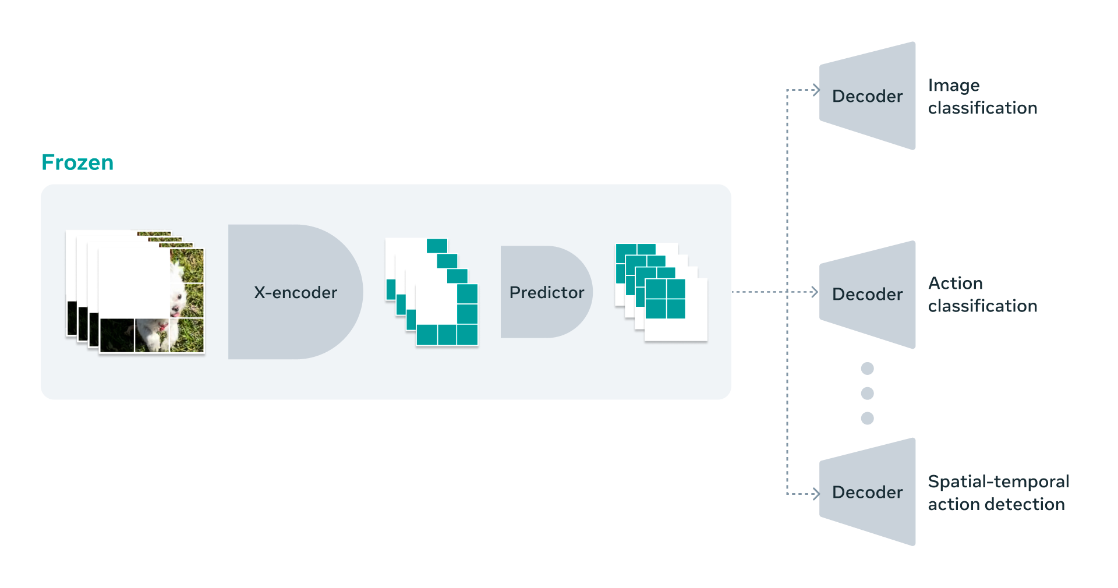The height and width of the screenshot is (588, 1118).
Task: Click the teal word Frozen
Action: point(77,162)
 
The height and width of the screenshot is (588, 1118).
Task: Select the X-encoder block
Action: point(295,292)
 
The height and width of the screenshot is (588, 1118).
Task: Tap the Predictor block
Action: point(546,292)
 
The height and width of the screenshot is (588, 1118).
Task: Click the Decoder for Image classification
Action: point(867,96)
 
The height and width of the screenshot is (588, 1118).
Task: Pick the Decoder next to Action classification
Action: point(867,294)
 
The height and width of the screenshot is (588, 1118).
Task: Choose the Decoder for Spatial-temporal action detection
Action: point(867,492)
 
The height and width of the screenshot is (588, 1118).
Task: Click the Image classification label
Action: point(982,97)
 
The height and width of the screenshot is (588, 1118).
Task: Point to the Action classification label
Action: point(982,295)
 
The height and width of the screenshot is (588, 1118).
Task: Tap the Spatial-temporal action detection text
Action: point(998,493)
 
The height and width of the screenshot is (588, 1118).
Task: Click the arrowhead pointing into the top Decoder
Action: point(816,90)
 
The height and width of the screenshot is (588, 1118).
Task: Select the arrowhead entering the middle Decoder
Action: point(815,292)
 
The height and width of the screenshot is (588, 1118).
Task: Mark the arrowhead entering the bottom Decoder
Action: point(816,494)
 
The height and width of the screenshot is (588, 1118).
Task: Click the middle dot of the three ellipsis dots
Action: point(867,394)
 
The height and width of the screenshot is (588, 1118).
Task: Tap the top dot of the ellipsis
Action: point(867,369)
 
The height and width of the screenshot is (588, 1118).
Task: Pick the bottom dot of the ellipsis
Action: point(867,418)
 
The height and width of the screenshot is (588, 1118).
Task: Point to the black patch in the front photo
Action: point(116,335)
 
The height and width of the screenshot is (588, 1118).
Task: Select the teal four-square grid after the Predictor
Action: point(665,299)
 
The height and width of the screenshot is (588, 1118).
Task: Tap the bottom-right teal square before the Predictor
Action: point(467,335)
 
